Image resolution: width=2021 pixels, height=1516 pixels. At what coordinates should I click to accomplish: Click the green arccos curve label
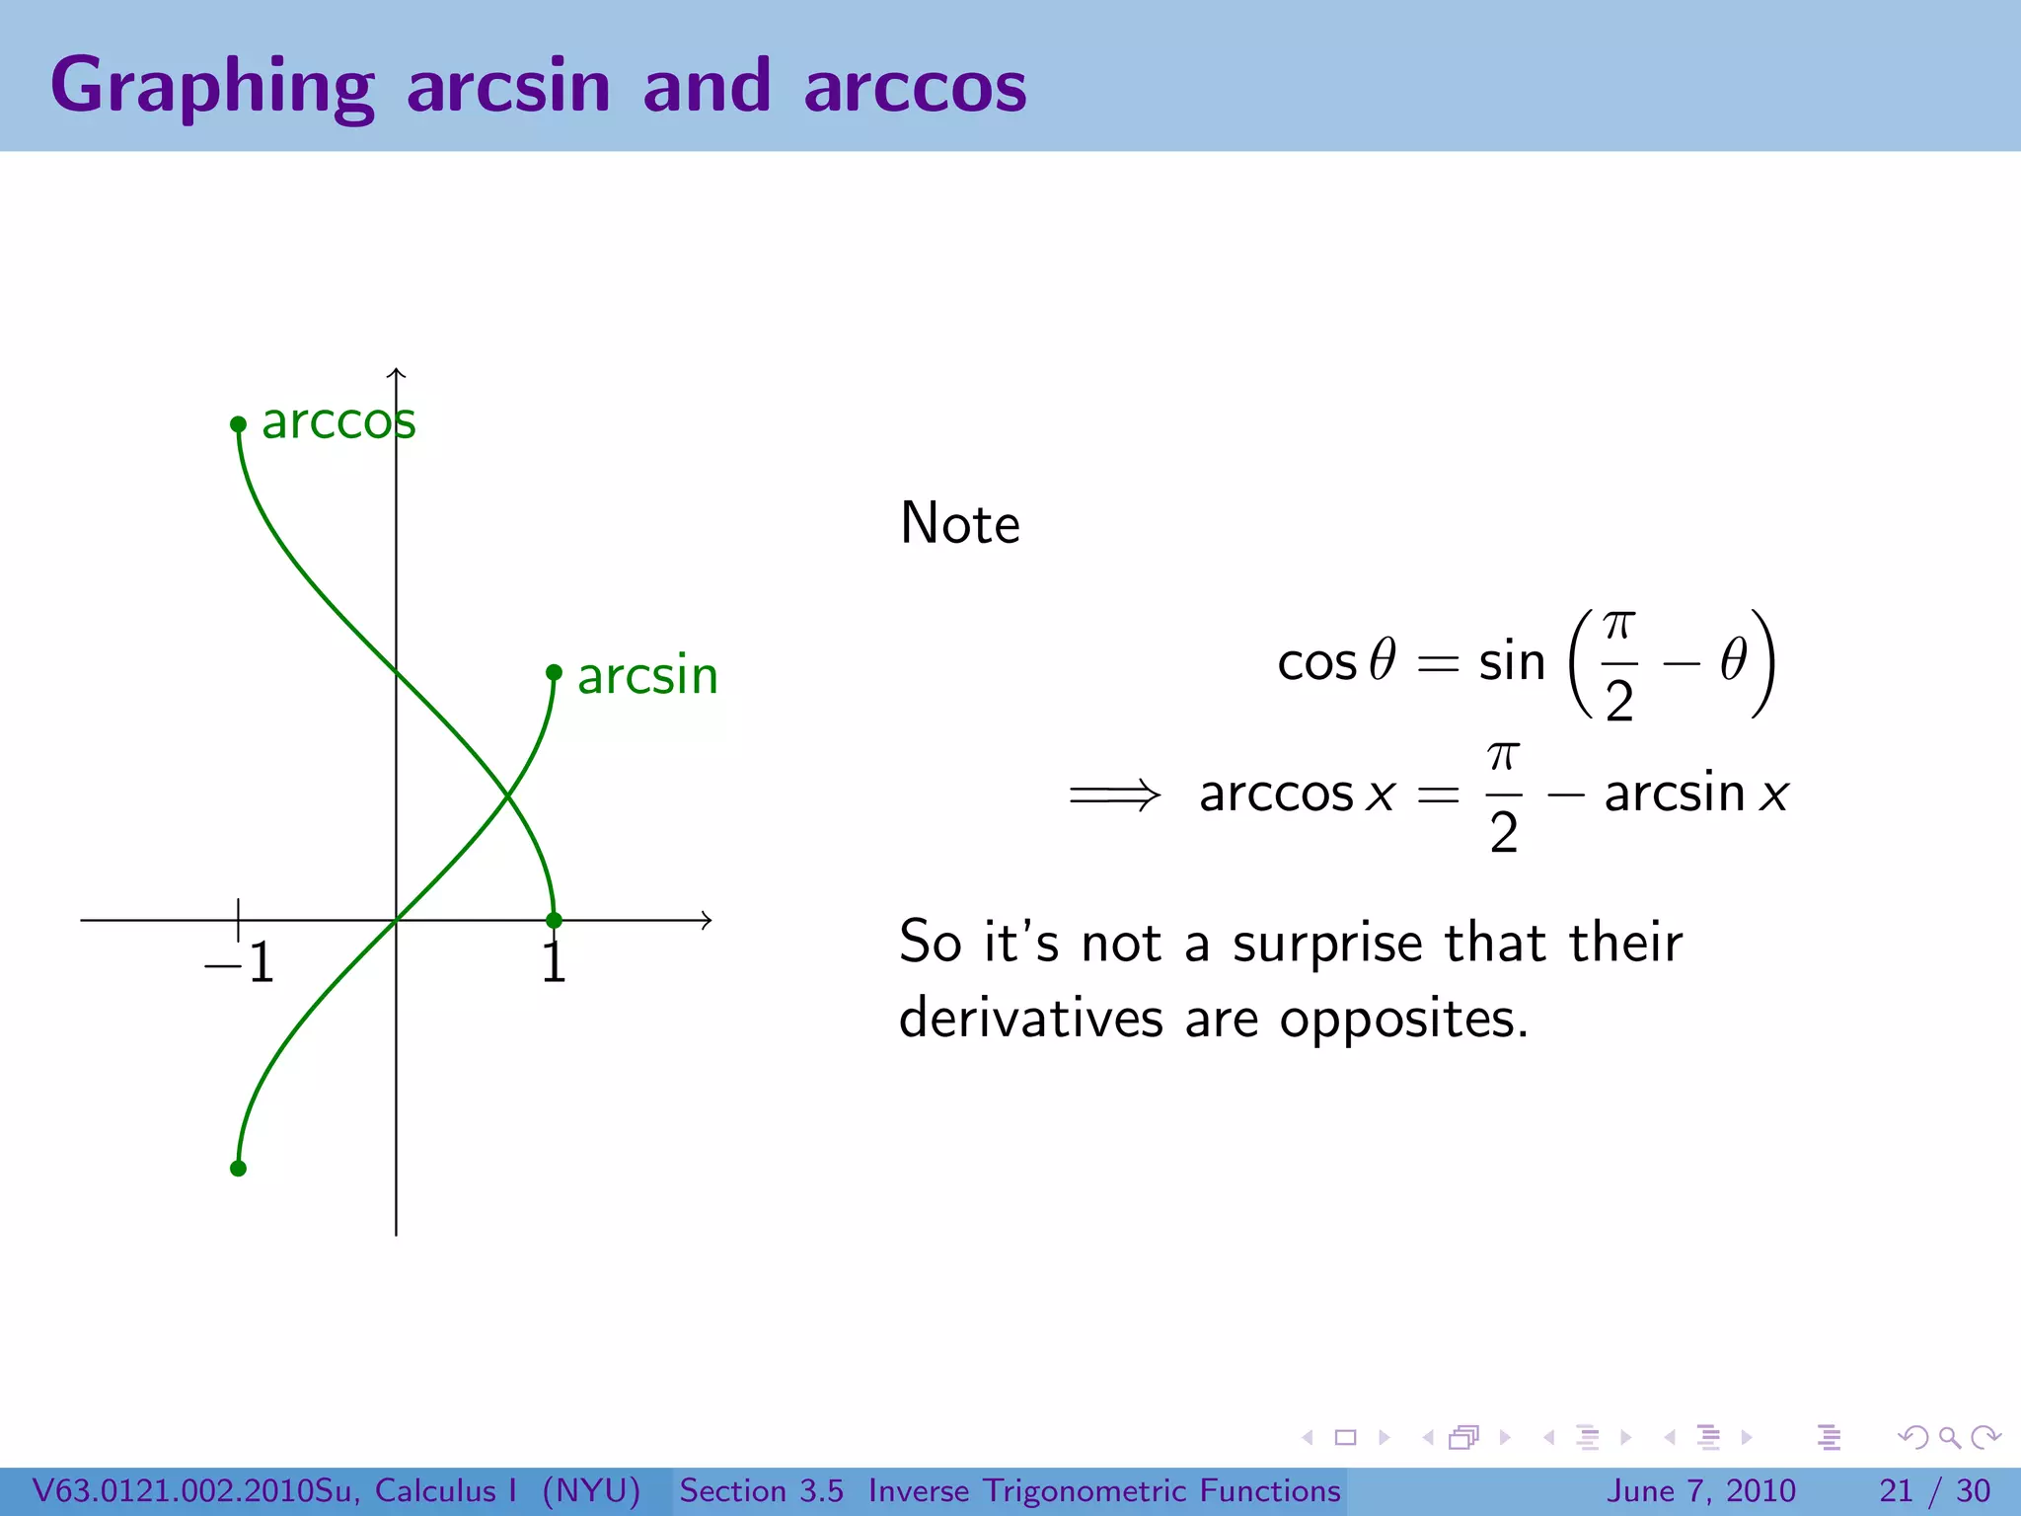pos(338,422)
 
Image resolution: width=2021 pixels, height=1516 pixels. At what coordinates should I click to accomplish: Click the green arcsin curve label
pos(647,677)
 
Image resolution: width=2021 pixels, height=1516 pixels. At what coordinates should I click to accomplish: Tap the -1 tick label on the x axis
pos(240,963)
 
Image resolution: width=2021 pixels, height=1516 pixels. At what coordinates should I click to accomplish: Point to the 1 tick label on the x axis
pos(554,963)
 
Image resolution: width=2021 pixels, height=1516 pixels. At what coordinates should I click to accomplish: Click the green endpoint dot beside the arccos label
pos(238,424)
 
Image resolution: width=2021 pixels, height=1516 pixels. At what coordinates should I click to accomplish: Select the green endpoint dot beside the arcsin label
pos(554,673)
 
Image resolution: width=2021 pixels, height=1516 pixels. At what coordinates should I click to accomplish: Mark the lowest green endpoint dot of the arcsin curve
pos(238,1169)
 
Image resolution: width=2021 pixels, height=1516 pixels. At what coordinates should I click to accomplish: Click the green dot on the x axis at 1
pos(554,920)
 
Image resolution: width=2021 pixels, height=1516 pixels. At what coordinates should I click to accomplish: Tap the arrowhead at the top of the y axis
pos(396,373)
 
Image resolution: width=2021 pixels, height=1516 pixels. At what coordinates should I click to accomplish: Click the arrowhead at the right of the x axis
pos(706,920)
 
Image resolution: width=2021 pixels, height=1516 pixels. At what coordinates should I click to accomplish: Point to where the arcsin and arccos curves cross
pos(507,796)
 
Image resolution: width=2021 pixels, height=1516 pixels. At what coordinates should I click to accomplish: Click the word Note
pos(959,523)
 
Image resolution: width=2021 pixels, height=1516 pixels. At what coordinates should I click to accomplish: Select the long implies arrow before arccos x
pos(1115,795)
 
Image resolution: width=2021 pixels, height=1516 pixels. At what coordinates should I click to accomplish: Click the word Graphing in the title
pos(212,87)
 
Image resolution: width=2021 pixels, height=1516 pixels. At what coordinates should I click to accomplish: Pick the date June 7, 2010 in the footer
pos(1702,1490)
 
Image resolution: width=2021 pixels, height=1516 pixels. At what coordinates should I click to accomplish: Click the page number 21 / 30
pos(1934,1490)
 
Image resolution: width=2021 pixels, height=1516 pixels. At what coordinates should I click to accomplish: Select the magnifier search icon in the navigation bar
pos(1949,1437)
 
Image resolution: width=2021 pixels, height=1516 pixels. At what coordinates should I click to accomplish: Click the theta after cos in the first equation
pos(1383,660)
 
